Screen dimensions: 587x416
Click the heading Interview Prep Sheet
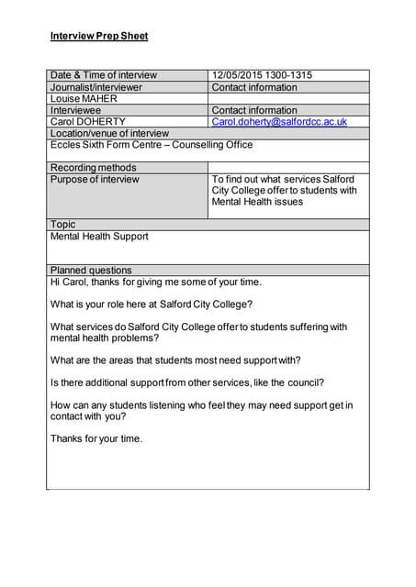98,37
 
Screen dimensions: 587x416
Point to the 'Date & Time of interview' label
104,75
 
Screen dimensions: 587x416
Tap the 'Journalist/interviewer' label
96,87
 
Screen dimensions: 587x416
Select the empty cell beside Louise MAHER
288,99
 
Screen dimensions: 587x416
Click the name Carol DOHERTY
88,121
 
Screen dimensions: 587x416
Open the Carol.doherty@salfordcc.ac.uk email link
279,121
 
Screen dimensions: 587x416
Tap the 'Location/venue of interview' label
109,133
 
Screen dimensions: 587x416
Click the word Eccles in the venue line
66,145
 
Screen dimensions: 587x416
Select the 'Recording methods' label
93,168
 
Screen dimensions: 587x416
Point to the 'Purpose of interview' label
95,180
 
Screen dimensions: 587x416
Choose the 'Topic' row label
63,224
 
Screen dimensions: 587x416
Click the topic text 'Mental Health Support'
99,237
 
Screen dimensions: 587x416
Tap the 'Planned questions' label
91,271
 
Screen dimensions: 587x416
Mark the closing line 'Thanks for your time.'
96,438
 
